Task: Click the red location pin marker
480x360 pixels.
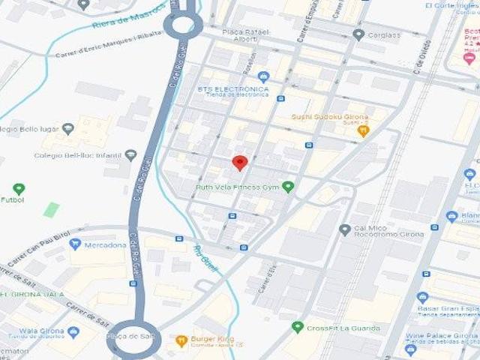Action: click(239, 162)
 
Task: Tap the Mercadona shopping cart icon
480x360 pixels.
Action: click(74, 244)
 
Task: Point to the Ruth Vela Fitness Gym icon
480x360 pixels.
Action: click(288, 187)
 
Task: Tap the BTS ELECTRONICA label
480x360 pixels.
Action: click(232, 88)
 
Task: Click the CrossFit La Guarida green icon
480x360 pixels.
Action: click(298, 328)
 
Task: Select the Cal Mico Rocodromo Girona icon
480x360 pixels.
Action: click(344, 229)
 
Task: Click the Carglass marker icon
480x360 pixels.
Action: click(358, 34)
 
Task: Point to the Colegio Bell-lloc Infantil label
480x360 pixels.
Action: click(77, 156)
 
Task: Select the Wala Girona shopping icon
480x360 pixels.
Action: click(73, 331)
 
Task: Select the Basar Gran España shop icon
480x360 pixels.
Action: click(422, 297)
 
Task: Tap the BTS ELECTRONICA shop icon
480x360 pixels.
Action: click(263, 76)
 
